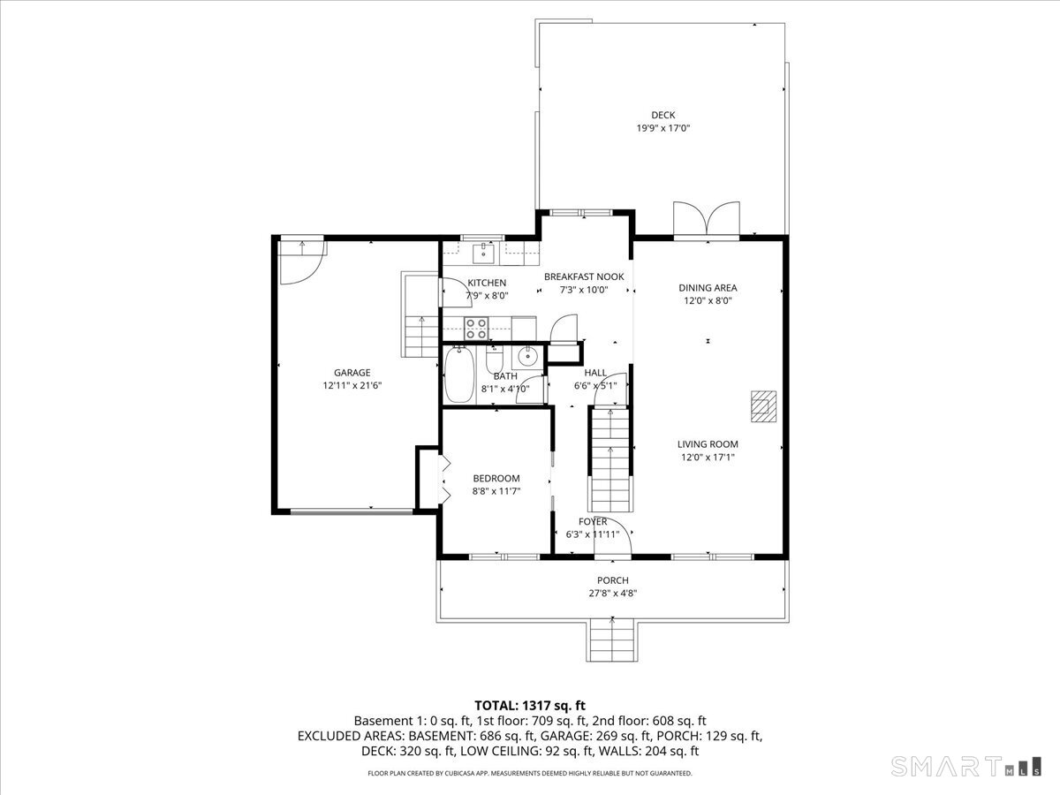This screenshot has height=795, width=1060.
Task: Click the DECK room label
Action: coord(663,115)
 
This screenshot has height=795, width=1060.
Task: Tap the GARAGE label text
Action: coord(352,373)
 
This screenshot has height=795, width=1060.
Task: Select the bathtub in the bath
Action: coord(459,375)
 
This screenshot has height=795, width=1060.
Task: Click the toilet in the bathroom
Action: coord(495,360)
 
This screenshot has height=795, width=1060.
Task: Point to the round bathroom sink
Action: coord(528,357)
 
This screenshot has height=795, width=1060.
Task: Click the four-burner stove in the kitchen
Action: coord(476,329)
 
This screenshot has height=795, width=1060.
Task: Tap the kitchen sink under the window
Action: coord(483,253)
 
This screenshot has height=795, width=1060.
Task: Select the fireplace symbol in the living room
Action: coord(763,406)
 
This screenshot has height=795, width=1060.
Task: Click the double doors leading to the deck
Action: coord(707,220)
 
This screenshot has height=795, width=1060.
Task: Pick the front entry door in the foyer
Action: coord(613,539)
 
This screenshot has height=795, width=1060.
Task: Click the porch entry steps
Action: coord(612,641)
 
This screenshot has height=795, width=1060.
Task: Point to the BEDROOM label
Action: coord(496,479)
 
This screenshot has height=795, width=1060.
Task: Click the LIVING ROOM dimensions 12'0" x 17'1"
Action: coord(708,457)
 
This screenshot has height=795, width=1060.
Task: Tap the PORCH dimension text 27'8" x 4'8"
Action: coord(613,594)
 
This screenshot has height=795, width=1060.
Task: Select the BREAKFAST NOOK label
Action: coord(584,276)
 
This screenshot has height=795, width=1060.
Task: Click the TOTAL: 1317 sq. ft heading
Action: coord(530,706)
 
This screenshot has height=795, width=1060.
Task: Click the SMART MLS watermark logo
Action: coord(965,767)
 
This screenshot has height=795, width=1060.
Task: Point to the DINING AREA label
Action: coord(708,288)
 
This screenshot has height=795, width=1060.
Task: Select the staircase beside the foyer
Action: coord(610,459)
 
